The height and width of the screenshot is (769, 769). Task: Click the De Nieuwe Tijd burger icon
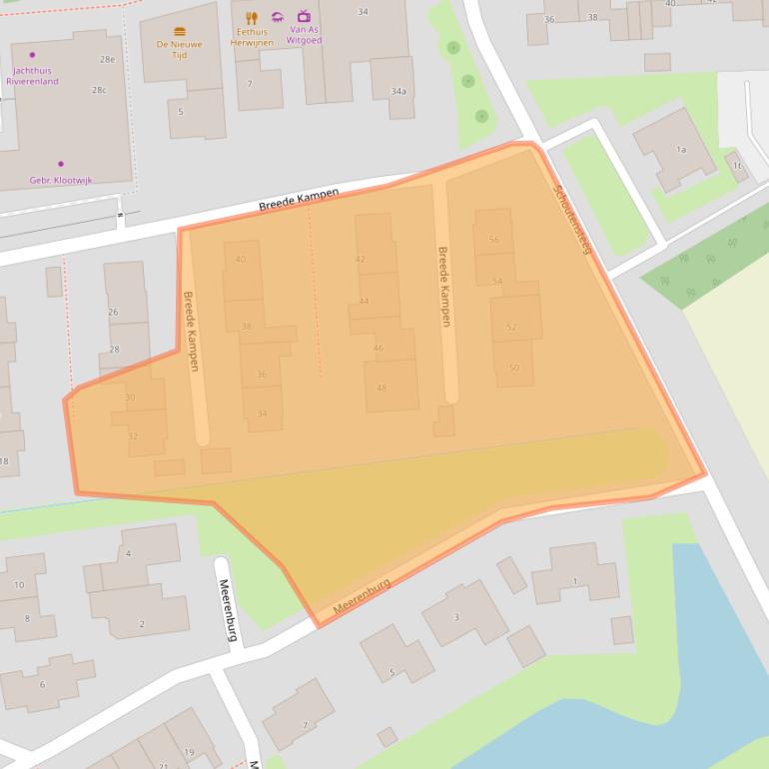180,32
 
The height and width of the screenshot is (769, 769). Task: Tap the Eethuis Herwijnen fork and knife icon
252,18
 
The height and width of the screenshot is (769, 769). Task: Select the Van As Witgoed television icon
304,17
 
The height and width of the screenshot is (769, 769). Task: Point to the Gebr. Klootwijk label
61,181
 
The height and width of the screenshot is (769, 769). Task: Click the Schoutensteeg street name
572,219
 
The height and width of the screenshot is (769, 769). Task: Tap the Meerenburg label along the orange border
362,596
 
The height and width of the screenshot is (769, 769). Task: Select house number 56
494,240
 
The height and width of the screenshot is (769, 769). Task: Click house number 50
514,368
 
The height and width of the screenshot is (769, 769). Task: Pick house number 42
361,260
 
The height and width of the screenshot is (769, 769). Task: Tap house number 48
382,387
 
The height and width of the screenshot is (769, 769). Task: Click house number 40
240,260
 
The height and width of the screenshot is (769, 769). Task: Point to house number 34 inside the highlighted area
262,413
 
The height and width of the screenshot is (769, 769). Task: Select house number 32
133,436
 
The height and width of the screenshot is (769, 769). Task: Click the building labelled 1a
680,149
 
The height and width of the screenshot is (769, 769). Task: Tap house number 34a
398,92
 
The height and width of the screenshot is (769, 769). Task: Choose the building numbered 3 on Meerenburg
456,617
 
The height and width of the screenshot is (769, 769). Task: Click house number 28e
106,61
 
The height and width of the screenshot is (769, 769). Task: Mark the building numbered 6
42,684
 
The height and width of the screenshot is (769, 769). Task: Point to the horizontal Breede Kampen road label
299,199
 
